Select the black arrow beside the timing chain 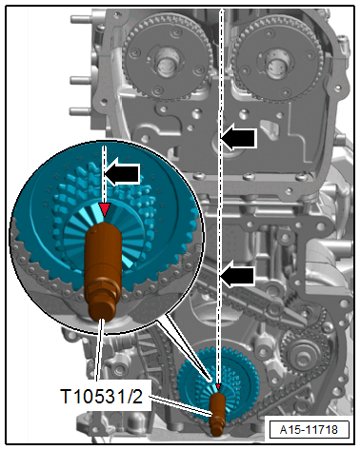[x=240, y=276]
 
